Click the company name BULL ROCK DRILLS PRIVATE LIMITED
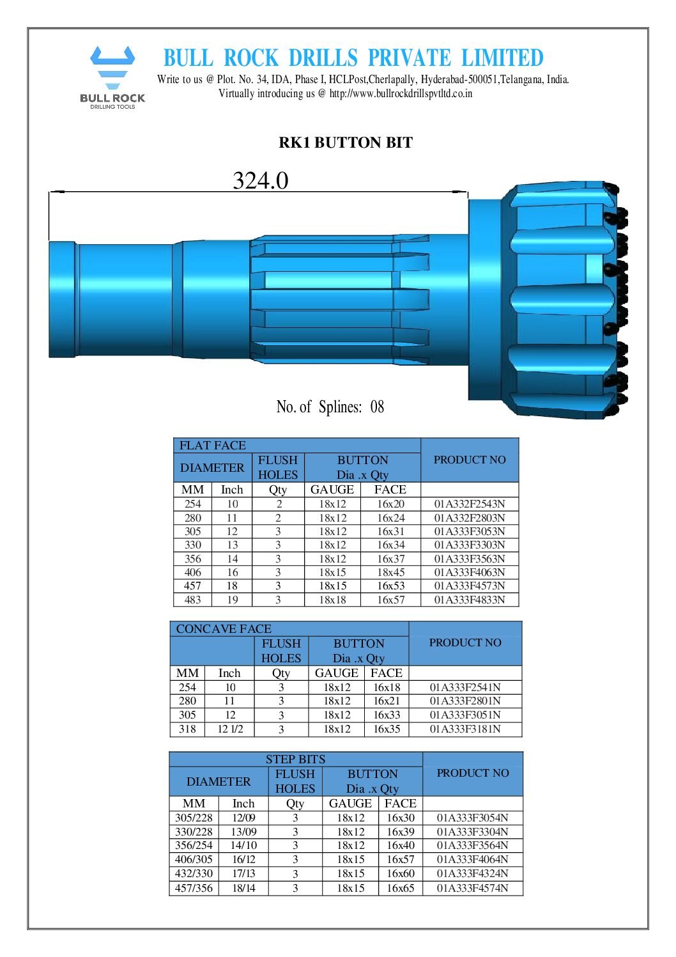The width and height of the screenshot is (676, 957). click(353, 58)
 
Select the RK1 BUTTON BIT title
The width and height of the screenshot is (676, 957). click(345, 143)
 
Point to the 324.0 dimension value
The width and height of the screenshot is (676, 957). click(260, 181)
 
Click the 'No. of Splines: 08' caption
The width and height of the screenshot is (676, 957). click(330, 407)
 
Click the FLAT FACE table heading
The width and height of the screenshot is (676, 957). click(213, 446)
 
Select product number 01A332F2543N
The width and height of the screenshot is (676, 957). click(470, 504)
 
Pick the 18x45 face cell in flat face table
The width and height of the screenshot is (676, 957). click(390, 572)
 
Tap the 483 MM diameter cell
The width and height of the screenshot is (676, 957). click(192, 600)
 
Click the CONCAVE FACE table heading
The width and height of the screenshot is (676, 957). click(224, 628)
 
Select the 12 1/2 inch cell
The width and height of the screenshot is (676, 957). click(230, 729)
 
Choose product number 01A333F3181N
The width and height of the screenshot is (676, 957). click(465, 729)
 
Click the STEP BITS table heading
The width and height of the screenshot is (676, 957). click(295, 759)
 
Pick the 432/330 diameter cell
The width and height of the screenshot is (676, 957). click(194, 873)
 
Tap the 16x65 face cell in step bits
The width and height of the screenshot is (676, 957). click(400, 888)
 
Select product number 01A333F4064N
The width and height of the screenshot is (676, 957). click(472, 859)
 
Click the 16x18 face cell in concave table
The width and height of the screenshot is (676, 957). click(387, 687)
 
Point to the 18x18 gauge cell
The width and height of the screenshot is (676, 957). click(332, 600)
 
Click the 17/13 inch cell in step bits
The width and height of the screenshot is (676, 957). click(243, 873)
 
